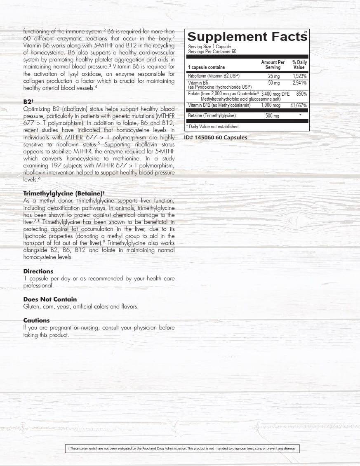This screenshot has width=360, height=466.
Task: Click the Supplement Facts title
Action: (247, 37)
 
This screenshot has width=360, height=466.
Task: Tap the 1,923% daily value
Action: (299, 76)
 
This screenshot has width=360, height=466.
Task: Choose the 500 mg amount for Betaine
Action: (272, 116)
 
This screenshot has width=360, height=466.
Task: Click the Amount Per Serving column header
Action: (273, 65)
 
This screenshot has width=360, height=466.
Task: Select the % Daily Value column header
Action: (299, 65)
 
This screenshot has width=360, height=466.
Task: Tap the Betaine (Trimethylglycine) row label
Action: (212, 116)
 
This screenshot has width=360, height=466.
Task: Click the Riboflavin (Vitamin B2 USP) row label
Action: (213, 76)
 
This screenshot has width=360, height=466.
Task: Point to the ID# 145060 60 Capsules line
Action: (216, 138)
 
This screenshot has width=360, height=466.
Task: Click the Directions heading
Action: (38, 271)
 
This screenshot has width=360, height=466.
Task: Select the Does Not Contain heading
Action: (50, 299)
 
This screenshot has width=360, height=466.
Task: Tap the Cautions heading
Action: (36, 320)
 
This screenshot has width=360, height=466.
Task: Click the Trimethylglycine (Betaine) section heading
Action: (64, 193)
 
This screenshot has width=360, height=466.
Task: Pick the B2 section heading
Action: (28, 101)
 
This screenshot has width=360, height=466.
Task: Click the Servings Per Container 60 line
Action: (209, 51)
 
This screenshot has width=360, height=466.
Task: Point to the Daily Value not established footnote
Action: (212, 127)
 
